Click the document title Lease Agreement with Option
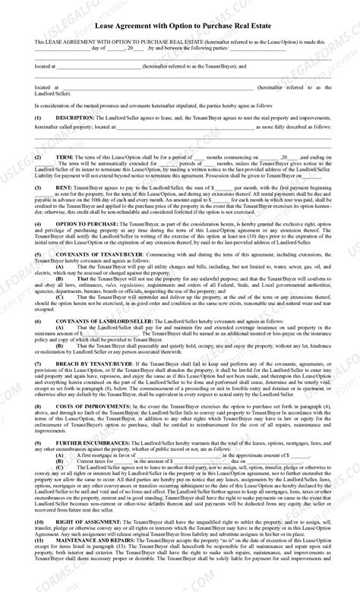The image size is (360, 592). (x=180, y=24)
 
